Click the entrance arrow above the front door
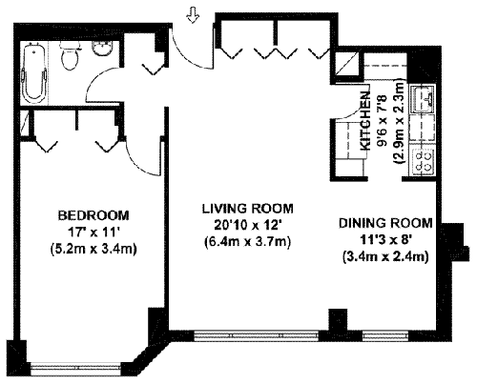[x=193, y=15]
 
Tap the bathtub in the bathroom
[x=33, y=72]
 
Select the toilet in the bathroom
[x=70, y=55]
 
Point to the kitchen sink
[x=423, y=99]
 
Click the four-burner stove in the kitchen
[x=423, y=162]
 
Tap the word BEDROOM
[x=93, y=215]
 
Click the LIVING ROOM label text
[x=248, y=209]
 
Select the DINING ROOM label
[x=385, y=223]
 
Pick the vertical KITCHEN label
[x=365, y=121]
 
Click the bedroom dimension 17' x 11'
[x=93, y=232]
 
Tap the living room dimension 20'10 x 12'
[x=248, y=225]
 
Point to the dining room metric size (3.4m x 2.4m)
[x=385, y=256]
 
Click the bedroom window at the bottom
[x=76, y=368]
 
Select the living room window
[x=257, y=335]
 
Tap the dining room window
[x=385, y=335]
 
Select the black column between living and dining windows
[x=338, y=320]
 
